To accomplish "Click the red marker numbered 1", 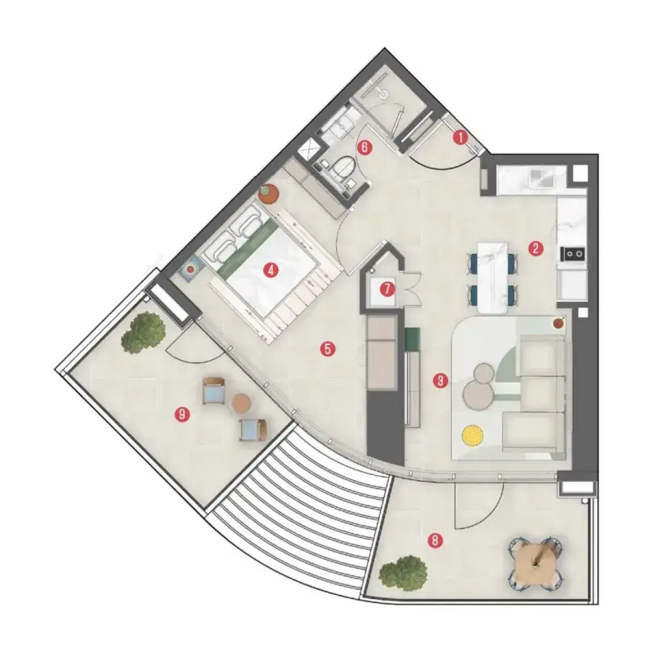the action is pyautogui.click(x=460, y=137).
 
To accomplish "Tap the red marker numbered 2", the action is pyautogui.click(x=536, y=249).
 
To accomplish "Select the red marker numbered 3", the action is pyautogui.click(x=440, y=381).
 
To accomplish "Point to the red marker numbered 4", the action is pyautogui.click(x=270, y=271).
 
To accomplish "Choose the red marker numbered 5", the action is pyautogui.click(x=328, y=349).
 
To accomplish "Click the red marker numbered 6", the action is pyautogui.click(x=365, y=147).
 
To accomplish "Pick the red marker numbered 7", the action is pyautogui.click(x=388, y=289).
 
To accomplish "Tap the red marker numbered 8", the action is pyautogui.click(x=435, y=540).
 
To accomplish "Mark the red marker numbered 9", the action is pyautogui.click(x=182, y=414).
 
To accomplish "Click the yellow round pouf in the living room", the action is pyautogui.click(x=472, y=436).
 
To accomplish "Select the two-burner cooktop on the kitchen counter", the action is pyautogui.click(x=573, y=253).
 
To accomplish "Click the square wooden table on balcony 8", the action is pyautogui.click(x=536, y=562).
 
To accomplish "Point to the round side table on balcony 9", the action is pyautogui.click(x=241, y=404).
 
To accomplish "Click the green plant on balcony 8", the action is pyautogui.click(x=403, y=573).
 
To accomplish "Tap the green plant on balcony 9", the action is pyautogui.click(x=143, y=333).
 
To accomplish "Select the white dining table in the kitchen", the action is pyautogui.click(x=493, y=278).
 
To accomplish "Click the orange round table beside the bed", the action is pyautogui.click(x=268, y=194).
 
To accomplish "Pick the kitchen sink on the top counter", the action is pyautogui.click(x=542, y=178).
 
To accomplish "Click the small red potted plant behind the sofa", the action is pyautogui.click(x=559, y=323).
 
